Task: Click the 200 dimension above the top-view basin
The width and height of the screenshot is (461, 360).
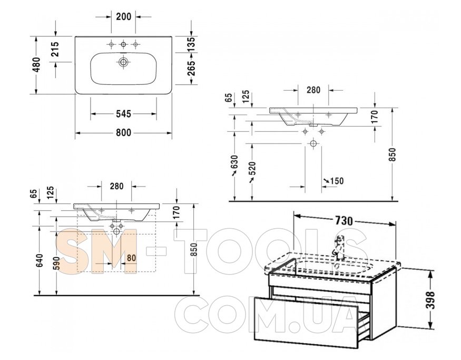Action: [123, 17]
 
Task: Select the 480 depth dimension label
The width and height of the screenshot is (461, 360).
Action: [36, 65]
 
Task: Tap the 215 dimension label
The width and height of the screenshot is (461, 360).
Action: [55, 49]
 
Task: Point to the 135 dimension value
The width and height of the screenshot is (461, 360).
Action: [191, 44]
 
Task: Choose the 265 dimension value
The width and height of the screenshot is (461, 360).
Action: [191, 68]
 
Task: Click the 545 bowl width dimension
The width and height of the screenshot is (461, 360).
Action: [123, 113]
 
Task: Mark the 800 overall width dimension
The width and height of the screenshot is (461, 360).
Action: [123, 133]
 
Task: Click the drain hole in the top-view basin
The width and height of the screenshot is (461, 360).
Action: [123, 62]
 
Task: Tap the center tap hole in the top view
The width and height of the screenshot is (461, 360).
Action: [123, 44]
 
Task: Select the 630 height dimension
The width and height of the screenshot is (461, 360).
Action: [234, 162]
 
